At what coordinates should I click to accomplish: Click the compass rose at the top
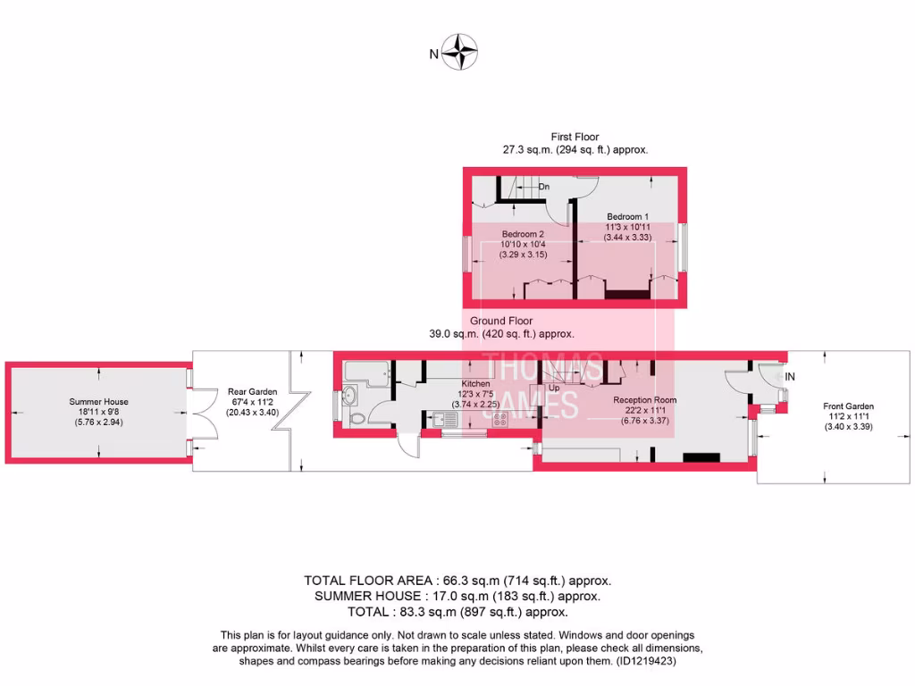click(x=461, y=52)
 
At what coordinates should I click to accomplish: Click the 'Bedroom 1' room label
click(x=628, y=217)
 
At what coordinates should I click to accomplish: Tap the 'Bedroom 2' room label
click(x=523, y=234)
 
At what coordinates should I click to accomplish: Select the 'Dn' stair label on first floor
click(x=544, y=187)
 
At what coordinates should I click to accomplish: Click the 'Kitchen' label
click(x=475, y=383)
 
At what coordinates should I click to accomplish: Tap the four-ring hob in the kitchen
click(x=497, y=417)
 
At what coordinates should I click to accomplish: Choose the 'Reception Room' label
click(x=644, y=400)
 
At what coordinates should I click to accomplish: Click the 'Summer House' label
click(x=99, y=402)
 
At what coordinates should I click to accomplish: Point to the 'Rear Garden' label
click(x=252, y=391)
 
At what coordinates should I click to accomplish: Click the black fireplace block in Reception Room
click(x=700, y=457)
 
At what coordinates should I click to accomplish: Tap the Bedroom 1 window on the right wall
click(x=684, y=246)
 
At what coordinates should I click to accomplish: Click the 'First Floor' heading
click(x=575, y=138)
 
